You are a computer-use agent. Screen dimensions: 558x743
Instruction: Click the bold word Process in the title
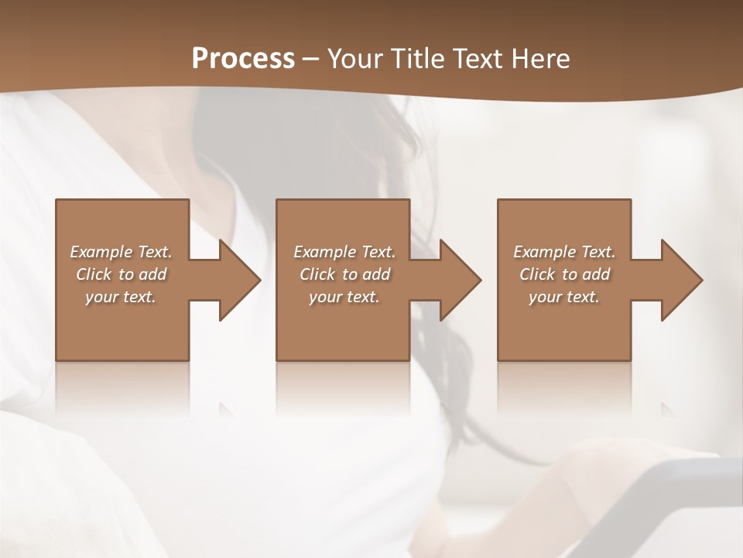[243, 59]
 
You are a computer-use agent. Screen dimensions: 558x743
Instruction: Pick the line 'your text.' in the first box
[121, 297]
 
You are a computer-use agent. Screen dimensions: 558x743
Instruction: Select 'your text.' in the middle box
[344, 297]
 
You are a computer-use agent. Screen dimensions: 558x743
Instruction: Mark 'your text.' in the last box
[564, 297]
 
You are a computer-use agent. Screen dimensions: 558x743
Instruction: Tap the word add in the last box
[597, 274]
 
